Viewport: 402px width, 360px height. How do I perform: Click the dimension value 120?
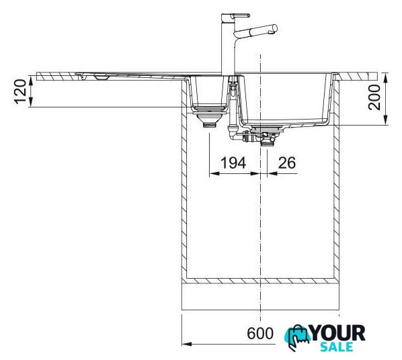coord(21,92)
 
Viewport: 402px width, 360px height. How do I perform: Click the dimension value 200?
coord(374,97)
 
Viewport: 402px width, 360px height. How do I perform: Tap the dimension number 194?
coord(233,163)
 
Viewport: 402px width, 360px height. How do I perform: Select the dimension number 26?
coord(287,163)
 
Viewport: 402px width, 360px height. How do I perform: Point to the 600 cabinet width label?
coord(260,334)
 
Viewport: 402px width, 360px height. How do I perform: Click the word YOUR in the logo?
coord(337,333)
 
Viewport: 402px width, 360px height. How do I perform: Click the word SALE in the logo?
coord(337,347)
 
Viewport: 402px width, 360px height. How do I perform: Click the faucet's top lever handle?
coord(240,15)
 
